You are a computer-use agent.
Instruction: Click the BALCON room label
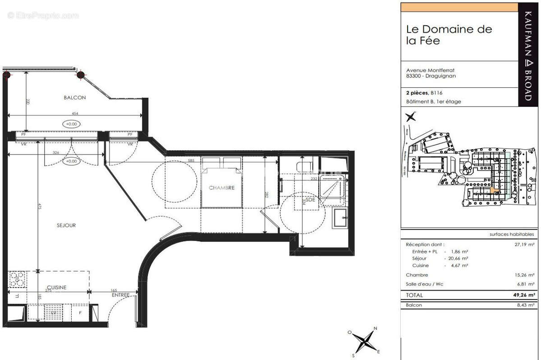[x=74, y=97]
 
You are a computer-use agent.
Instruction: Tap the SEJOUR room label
[x=66, y=225]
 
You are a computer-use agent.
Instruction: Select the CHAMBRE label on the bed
[x=221, y=188]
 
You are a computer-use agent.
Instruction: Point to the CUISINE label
[x=56, y=287]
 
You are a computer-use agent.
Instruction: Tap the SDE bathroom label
[x=310, y=199]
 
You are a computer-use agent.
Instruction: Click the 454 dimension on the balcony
[x=74, y=114]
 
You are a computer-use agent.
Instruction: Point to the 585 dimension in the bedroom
[x=191, y=160]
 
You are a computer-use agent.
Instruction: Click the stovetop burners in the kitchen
[x=17, y=279]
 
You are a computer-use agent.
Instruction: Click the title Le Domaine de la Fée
[x=449, y=35]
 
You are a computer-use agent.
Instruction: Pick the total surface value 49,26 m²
[x=524, y=295]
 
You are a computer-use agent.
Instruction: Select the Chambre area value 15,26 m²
[x=525, y=275]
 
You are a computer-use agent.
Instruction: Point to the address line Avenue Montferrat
[x=430, y=70]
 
